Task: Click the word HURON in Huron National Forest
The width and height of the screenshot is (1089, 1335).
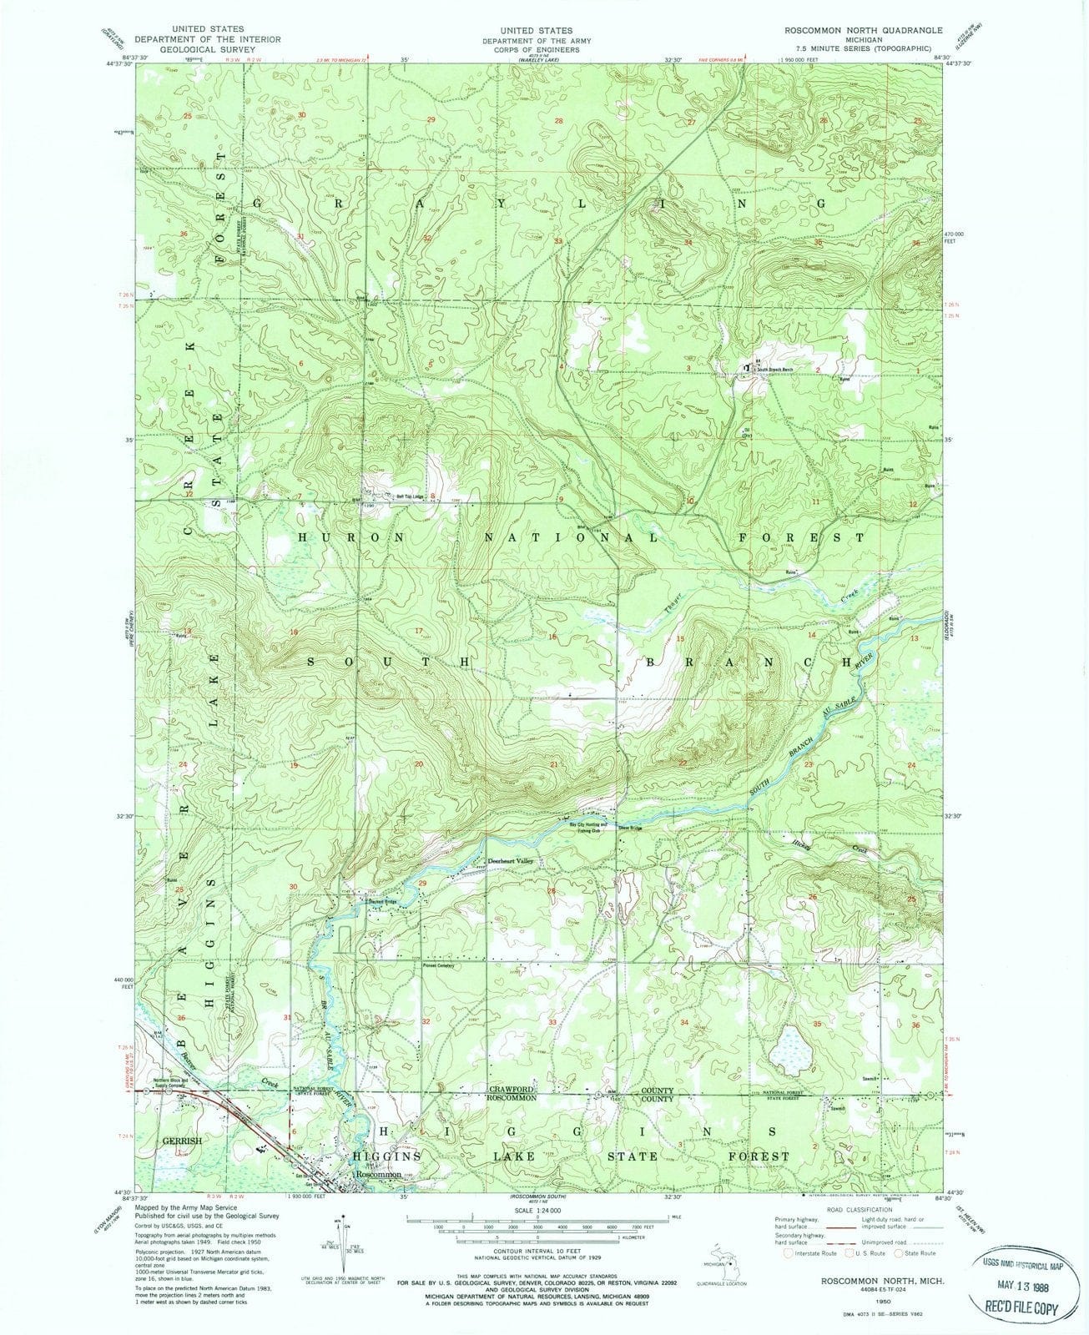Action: click(350, 538)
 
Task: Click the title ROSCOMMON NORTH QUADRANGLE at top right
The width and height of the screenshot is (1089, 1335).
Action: click(862, 30)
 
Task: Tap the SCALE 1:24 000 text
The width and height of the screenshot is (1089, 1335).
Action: click(539, 1211)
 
